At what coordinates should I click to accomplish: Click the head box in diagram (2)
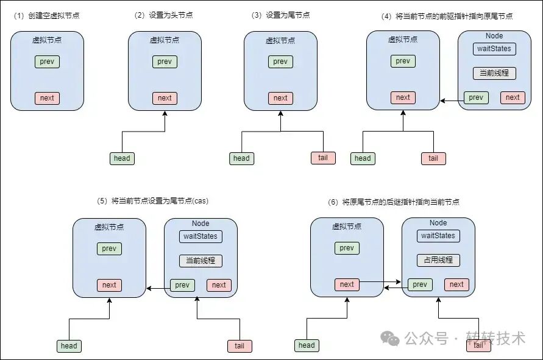[122, 158]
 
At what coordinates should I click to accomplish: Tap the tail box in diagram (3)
[323, 158]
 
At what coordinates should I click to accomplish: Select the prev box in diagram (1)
[47, 62]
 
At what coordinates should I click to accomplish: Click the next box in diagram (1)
[47, 98]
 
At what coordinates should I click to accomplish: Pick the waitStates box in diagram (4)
[494, 49]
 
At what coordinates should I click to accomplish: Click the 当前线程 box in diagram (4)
[494, 73]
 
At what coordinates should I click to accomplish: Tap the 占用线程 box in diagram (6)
[438, 260]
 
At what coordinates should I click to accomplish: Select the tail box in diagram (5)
[240, 346]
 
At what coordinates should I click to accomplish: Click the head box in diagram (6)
[307, 345]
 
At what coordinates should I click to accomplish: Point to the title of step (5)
[153, 201]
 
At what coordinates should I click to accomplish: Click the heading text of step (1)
[46, 16]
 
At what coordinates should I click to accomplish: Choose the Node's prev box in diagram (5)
[182, 285]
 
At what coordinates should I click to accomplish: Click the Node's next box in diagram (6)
[456, 284]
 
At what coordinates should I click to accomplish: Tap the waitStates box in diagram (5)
[201, 236]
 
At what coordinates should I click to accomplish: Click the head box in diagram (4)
[363, 158]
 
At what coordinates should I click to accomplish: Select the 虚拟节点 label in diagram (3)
[280, 40]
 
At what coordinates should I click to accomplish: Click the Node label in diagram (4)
[494, 36]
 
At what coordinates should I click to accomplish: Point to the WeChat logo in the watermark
[390, 338]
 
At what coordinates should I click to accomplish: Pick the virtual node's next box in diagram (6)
[347, 284]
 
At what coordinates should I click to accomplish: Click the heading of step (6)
[394, 202]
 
